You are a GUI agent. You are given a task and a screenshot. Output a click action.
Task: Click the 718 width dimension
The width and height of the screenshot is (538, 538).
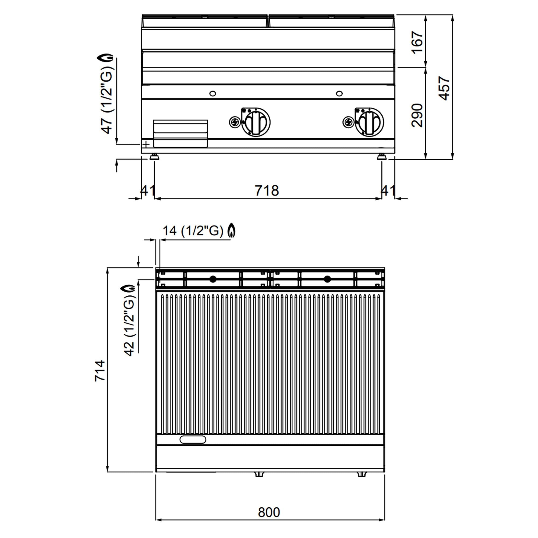(x=267, y=191)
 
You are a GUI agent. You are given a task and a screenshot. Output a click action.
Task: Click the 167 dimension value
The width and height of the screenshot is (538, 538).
(x=417, y=42)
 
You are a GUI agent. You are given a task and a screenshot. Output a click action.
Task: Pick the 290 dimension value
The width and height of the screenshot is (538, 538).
(x=417, y=115)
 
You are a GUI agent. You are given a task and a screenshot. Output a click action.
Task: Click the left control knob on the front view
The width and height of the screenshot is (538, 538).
(x=256, y=122)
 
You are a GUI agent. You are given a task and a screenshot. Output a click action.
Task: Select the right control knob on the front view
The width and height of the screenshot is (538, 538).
(x=369, y=122)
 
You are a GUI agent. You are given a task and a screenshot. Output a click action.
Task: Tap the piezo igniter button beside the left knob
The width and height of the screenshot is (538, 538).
(x=234, y=122)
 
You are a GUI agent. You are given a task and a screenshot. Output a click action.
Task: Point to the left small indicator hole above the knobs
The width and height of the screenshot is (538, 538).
(x=213, y=93)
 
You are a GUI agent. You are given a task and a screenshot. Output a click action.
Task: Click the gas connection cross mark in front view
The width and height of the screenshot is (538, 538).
(x=146, y=144)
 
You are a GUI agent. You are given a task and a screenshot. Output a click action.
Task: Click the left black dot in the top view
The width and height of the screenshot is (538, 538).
(x=213, y=279)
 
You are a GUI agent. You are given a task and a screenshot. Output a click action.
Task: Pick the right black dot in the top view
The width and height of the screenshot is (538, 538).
(x=327, y=279)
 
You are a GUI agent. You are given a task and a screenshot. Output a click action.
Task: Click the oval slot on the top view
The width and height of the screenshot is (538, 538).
(x=193, y=440)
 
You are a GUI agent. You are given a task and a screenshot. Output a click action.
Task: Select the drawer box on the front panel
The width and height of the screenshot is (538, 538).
(x=180, y=133)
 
